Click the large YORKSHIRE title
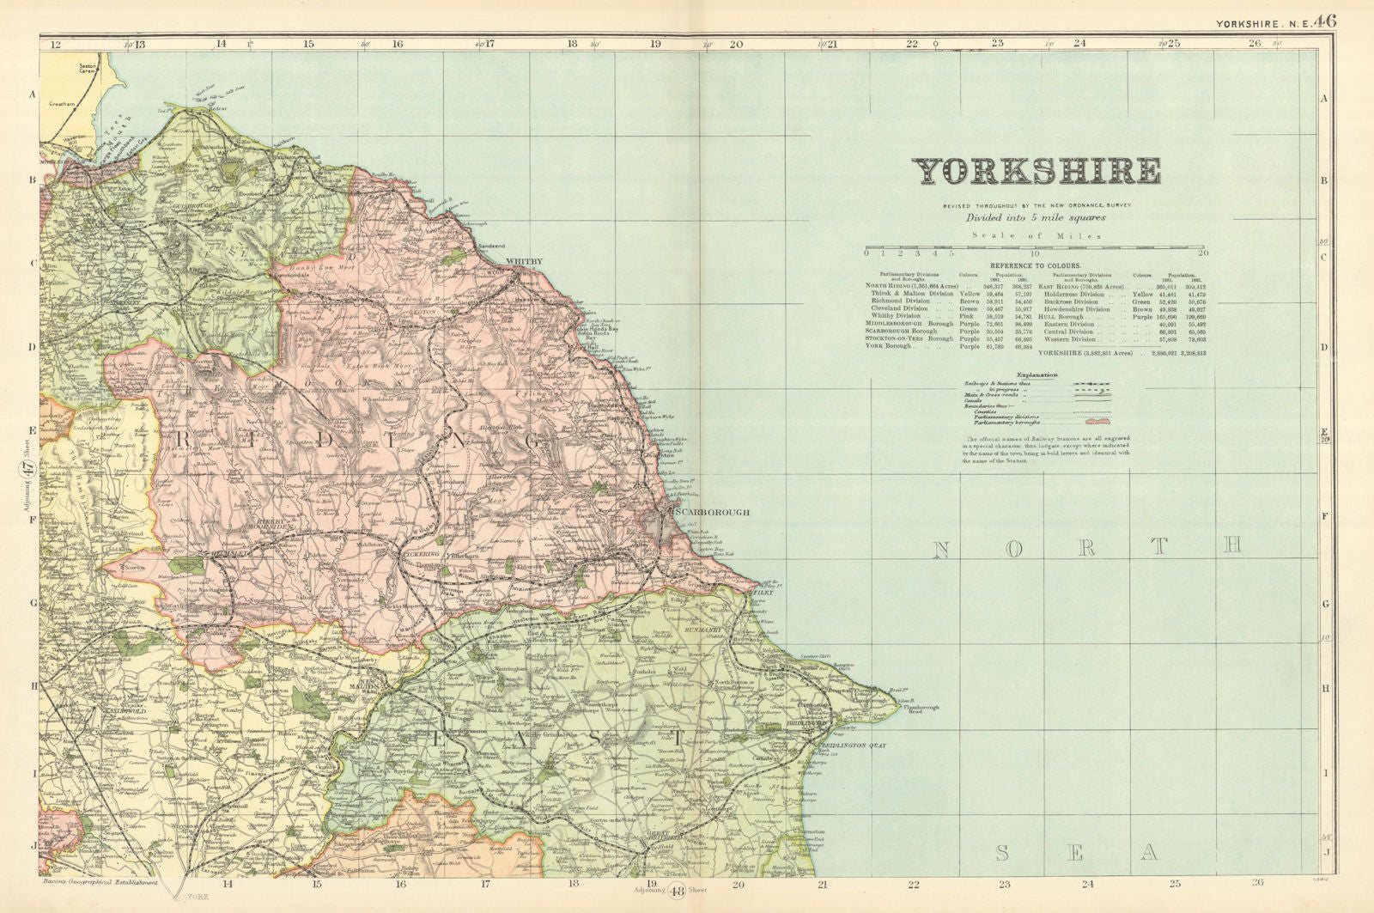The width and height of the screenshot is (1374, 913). click(x=1037, y=172)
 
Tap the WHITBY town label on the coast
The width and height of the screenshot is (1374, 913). click(x=524, y=261)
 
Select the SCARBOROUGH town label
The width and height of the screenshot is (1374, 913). click(x=712, y=513)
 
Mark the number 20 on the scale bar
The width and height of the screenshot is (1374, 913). click(x=1202, y=253)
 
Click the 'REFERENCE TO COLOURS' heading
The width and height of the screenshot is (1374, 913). click(x=1036, y=266)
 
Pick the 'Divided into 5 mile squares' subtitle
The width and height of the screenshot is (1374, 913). click(x=1036, y=218)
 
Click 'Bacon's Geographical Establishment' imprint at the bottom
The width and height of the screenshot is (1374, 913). click(x=100, y=883)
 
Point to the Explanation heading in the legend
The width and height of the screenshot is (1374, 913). click(x=1037, y=375)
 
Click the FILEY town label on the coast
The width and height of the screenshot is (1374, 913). click(x=763, y=593)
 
